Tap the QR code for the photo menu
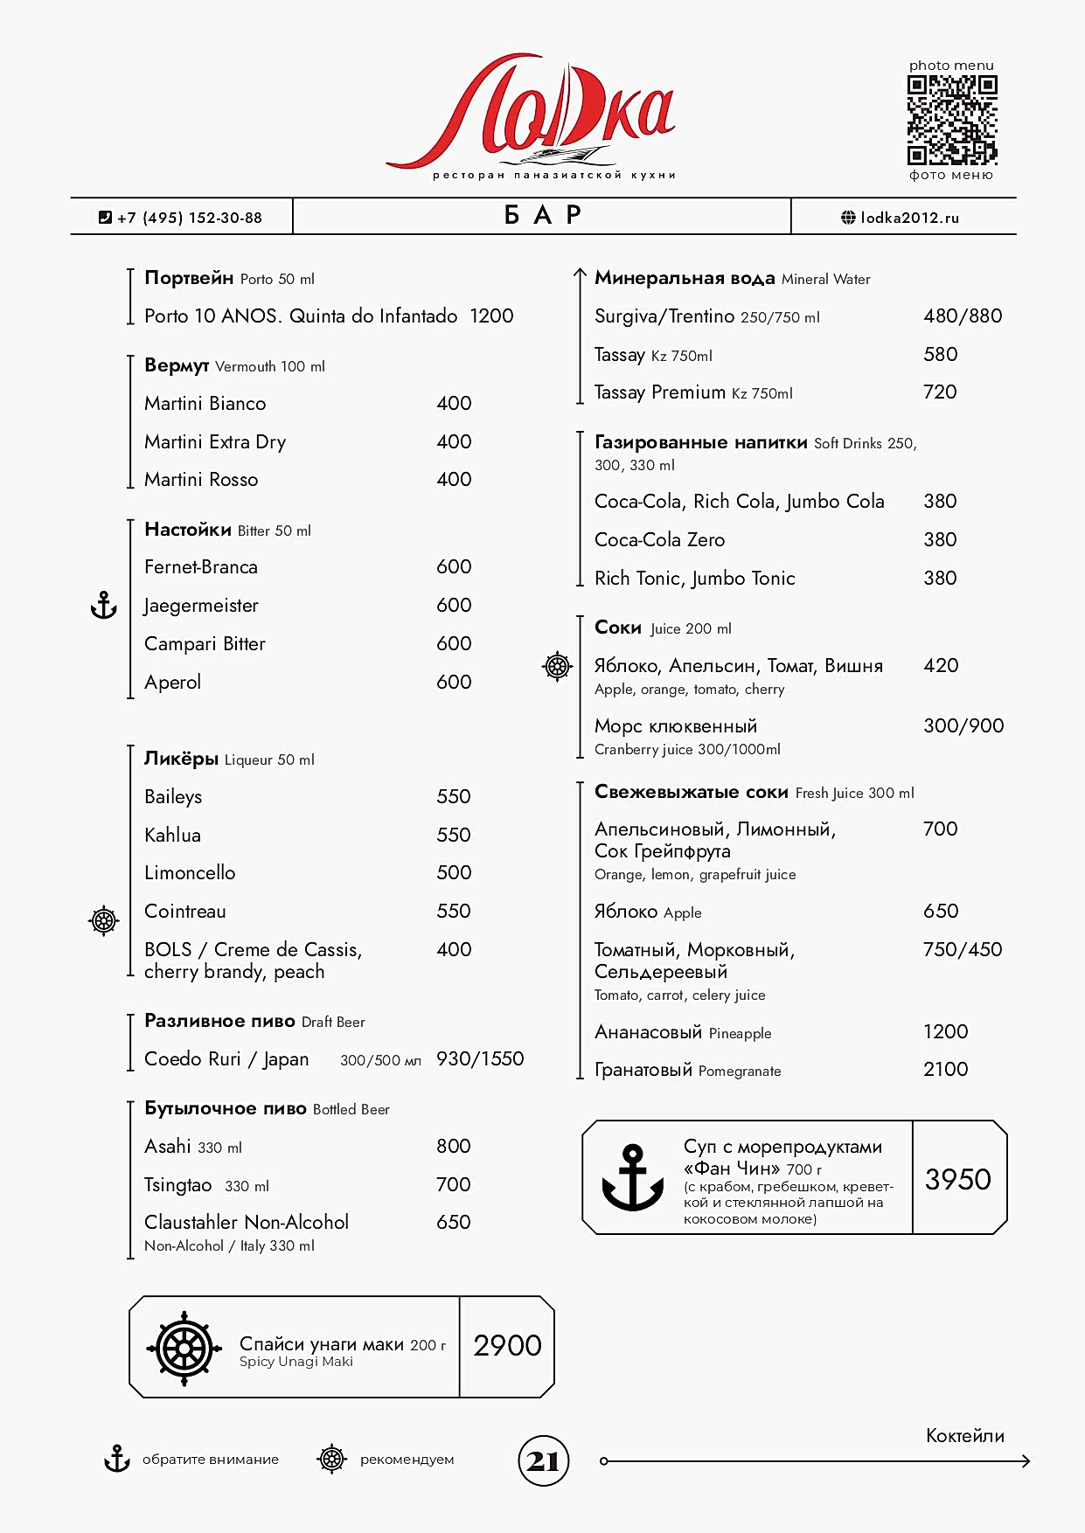pos(951,120)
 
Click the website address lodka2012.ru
pos(909,218)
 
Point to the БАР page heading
pos(542,216)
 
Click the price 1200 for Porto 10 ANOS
pos(491,316)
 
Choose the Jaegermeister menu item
pos(202,606)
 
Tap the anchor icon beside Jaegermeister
pos(104,605)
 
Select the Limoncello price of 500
pos(454,873)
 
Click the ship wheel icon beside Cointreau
pos(103,920)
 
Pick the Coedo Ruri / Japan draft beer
pos(226,1059)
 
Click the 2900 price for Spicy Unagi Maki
pos(507,1346)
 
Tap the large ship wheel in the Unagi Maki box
pos(184,1348)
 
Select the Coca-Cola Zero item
pos(659,540)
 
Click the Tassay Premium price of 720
pos(940,392)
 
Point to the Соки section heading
pos(618,628)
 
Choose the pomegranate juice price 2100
pos(945,1070)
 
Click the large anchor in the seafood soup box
pos(633,1178)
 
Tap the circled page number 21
pos(544,1460)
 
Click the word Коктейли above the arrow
pos(964,1436)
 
